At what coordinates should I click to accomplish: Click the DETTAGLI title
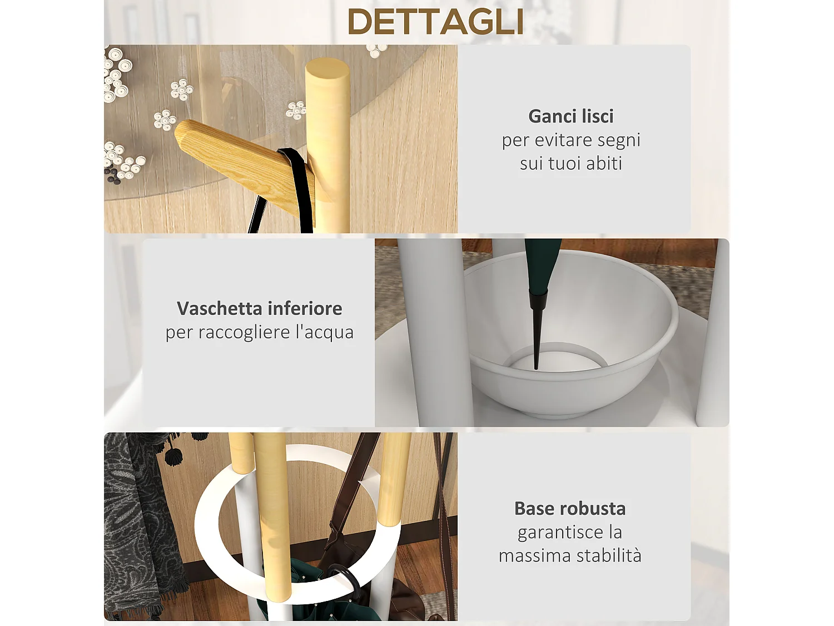pyautogui.click(x=435, y=22)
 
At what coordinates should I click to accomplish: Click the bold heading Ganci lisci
pyautogui.click(x=571, y=116)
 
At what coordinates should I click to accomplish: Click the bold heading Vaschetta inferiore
pyautogui.click(x=259, y=308)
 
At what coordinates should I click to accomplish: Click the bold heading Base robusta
pyautogui.click(x=570, y=509)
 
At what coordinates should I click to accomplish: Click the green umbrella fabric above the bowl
pyautogui.click(x=542, y=262)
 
